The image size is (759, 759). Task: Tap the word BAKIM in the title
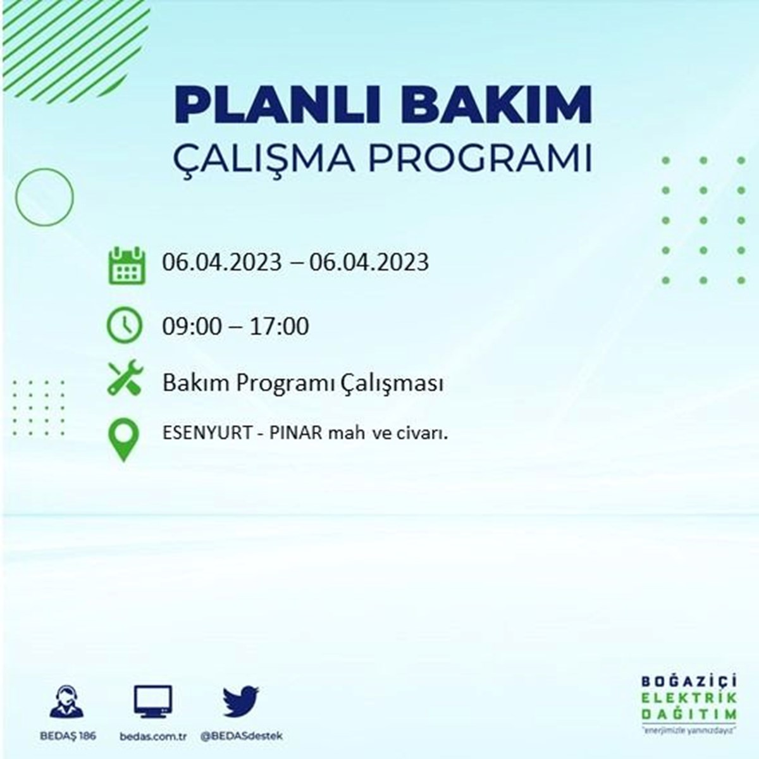point(497,105)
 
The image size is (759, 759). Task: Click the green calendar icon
point(127,265)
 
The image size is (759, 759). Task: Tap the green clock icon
point(125,325)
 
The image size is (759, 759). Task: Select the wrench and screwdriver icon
point(126,378)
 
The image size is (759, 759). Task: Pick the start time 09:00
point(192,326)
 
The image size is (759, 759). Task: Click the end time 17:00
point(280,326)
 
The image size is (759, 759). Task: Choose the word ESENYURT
point(207,433)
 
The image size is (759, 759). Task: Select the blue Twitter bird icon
point(241,701)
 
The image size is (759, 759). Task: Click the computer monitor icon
point(153,701)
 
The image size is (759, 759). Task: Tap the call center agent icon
point(66,701)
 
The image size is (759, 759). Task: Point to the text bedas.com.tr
point(153,736)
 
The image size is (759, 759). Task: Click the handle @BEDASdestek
point(242,736)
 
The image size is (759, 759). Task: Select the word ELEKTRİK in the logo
point(689,698)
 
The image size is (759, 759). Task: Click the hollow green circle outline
point(16,197)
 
